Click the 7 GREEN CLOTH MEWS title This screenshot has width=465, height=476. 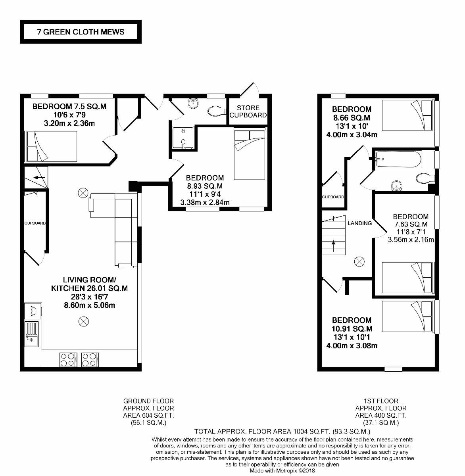(x=81, y=32)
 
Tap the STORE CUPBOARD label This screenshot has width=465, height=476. (x=248, y=111)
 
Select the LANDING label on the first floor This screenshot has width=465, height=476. (x=359, y=223)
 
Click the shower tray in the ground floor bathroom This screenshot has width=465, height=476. (x=183, y=137)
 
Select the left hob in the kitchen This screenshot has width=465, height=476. (x=67, y=359)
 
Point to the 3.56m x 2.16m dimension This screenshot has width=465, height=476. (x=410, y=240)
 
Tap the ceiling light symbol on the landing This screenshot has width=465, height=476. (x=359, y=261)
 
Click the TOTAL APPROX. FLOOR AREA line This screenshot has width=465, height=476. (x=282, y=431)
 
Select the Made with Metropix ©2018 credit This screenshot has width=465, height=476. (x=282, y=471)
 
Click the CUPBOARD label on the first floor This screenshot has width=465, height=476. (x=333, y=197)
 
